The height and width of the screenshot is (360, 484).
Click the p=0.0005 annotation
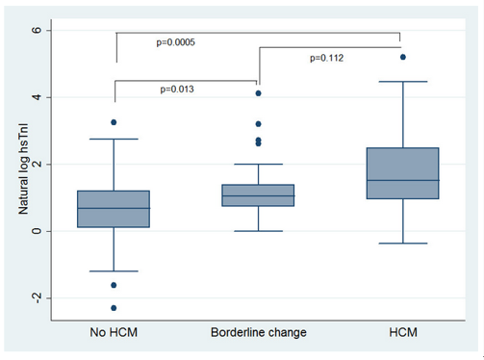(x=177, y=41)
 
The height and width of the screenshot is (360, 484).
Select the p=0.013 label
(x=178, y=90)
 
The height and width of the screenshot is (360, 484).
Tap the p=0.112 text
(x=328, y=58)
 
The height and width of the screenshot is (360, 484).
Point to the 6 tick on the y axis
(x=37, y=31)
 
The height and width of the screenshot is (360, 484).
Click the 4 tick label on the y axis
(x=37, y=97)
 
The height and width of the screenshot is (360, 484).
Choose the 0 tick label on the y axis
(x=37, y=231)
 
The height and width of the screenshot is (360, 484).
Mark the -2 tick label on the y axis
(x=34, y=298)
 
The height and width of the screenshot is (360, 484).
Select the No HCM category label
(x=114, y=332)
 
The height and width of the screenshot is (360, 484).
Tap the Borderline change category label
(x=257, y=332)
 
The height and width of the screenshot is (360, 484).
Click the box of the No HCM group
(x=114, y=209)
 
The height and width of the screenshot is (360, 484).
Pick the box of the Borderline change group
(x=257, y=195)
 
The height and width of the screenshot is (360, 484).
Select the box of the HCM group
(x=402, y=173)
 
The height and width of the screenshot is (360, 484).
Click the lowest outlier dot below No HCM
(x=114, y=308)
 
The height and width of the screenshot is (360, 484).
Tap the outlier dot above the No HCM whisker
(x=114, y=122)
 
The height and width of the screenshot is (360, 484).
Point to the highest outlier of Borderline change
(x=257, y=93)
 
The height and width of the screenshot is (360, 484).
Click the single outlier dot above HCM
(x=402, y=57)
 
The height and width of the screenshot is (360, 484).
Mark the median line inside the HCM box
(x=402, y=180)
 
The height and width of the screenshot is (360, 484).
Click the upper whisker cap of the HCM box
(x=402, y=82)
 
